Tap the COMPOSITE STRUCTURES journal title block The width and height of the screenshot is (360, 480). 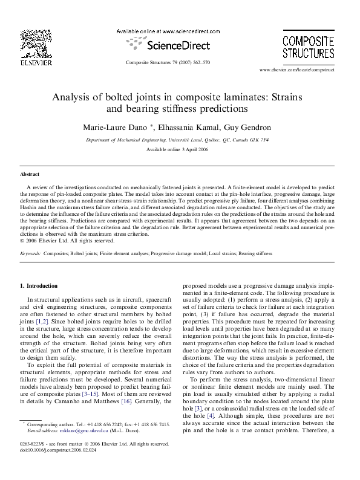[309, 47]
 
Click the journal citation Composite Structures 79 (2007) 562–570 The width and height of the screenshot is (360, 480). [168, 62]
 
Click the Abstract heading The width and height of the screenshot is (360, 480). [30, 174]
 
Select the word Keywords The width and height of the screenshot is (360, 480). [30, 255]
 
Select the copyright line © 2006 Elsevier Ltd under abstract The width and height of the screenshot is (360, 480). [63, 240]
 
